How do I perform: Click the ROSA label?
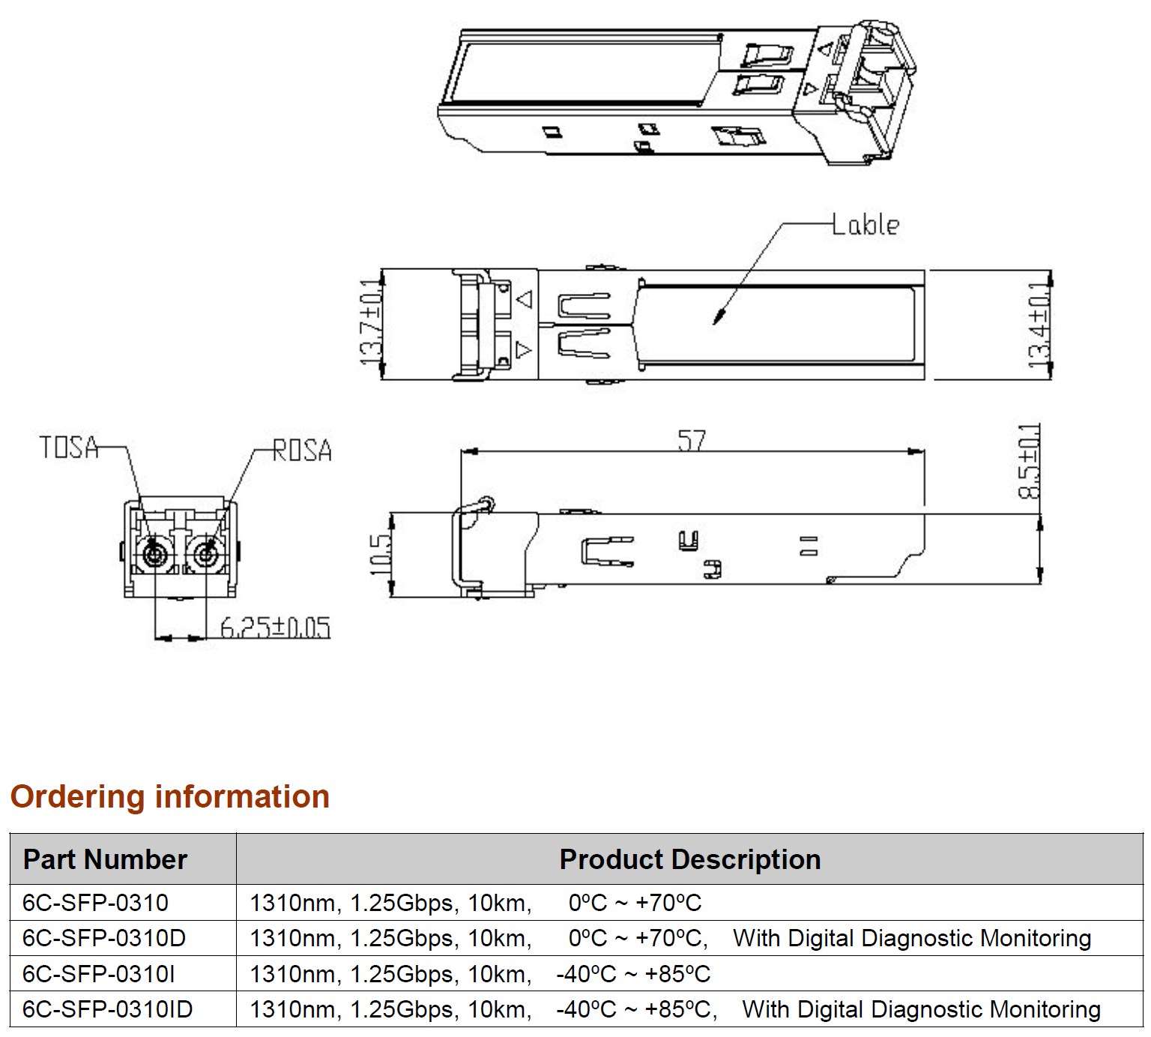click(302, 450)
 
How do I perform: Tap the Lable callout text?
click(866, 224)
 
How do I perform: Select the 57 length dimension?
click(692, 440)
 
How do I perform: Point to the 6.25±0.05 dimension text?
click(275, 627)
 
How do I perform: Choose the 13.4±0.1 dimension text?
click(1039, 325)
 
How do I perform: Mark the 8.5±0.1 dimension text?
click(1029, 461)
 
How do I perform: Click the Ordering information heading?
click(170, 796)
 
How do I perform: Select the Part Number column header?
click(105, 859)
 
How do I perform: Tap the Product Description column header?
click(689, 859)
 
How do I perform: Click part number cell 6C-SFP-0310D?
click(104, 938)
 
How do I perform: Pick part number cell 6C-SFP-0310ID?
click(107, 1009)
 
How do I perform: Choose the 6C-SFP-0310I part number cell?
click(99, 974)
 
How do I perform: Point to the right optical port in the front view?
click(205, 555)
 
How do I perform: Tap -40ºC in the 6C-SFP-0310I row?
click(585, 974)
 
